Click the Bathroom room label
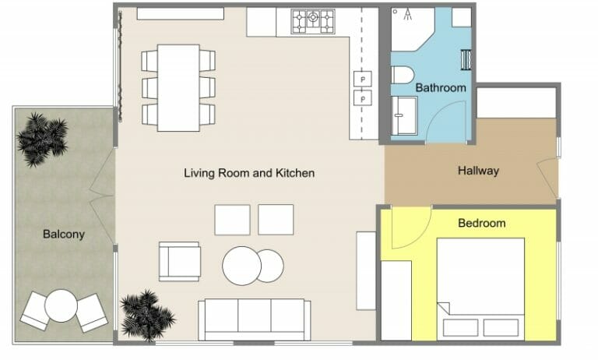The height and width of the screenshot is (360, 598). [440, 88]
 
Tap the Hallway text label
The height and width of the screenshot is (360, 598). [478, 171]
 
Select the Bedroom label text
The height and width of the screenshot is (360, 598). [481, 223]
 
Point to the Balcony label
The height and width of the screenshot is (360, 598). [64, 234]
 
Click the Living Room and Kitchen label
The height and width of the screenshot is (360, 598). [249, 173]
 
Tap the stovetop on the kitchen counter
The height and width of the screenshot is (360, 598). [313, 21]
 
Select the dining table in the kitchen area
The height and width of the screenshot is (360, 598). [178, 87]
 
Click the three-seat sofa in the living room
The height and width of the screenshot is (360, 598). [254, 319]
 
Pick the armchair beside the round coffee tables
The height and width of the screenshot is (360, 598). [180, 261]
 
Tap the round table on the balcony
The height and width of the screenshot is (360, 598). [60, 306]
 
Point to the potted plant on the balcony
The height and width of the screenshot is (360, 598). [42, 138]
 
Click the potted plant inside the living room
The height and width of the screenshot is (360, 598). [146, 315]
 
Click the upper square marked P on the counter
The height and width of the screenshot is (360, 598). [363, 79]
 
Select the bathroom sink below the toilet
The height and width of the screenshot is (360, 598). [405, 115]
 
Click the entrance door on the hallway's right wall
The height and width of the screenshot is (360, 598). [552, 178]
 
